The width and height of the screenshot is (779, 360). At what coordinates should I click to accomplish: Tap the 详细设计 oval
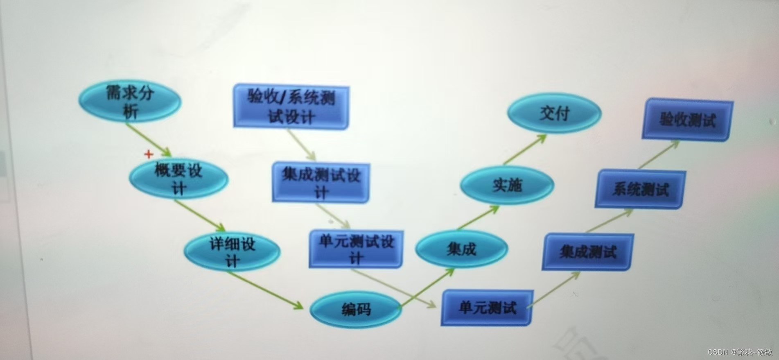pyautogui.click(x=232, y=252)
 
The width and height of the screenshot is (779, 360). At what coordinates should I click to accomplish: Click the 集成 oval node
pyautogui.click(x=461, y=249)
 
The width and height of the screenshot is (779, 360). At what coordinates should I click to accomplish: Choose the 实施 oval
pyautogui.click(x=507, y=186)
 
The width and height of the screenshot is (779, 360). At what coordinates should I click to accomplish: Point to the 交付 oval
pyautogui.click(x=554, y=113)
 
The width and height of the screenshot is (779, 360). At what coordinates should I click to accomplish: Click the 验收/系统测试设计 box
pyautogui.click(x=291, y=107)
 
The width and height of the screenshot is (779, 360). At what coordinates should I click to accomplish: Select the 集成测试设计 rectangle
pyautogui.click(x=321, y=183)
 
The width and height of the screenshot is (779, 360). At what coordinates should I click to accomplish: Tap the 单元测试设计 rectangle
pyautogui.click(x=356, y=249)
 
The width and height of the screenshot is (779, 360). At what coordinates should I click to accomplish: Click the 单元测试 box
pyautogui.click(x=487, y=308)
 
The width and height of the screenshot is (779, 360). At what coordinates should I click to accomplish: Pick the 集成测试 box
pyautogui.click(x=588, y=251)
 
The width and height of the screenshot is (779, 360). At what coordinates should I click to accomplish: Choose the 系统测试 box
pyautogui.click(x=640, y=190)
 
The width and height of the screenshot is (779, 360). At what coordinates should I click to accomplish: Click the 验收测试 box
pyautogui.click(x=687, y=120)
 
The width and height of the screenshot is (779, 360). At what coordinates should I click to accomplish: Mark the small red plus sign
pyautogui.click(x=149, y=154)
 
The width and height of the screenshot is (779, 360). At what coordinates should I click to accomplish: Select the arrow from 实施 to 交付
pyautogui.click(x=524, y=150)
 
